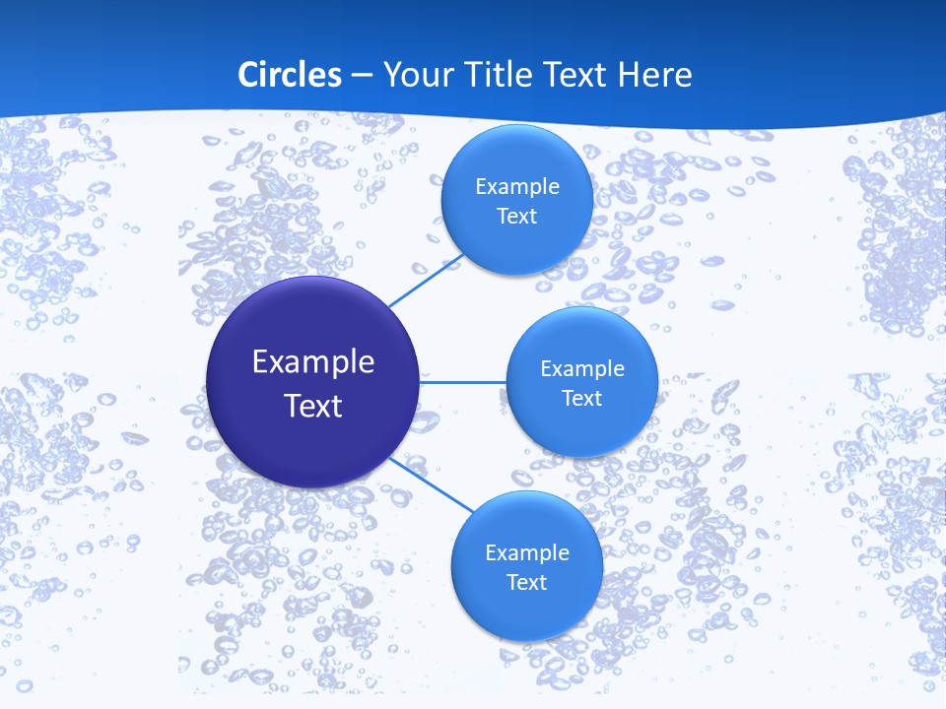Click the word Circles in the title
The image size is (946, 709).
point(289,75)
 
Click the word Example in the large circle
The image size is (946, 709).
point(312,362)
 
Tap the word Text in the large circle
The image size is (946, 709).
point(312,406)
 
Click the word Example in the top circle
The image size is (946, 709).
point(516,187)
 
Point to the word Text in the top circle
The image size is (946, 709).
point(516,217)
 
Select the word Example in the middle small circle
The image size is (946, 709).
point(581,369)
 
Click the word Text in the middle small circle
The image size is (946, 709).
point(581,399)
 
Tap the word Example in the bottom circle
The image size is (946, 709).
point(526,553)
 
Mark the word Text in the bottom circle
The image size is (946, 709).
point(526,583)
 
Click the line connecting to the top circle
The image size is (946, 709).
point(425,280)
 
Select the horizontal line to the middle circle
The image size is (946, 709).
point(463,382)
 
